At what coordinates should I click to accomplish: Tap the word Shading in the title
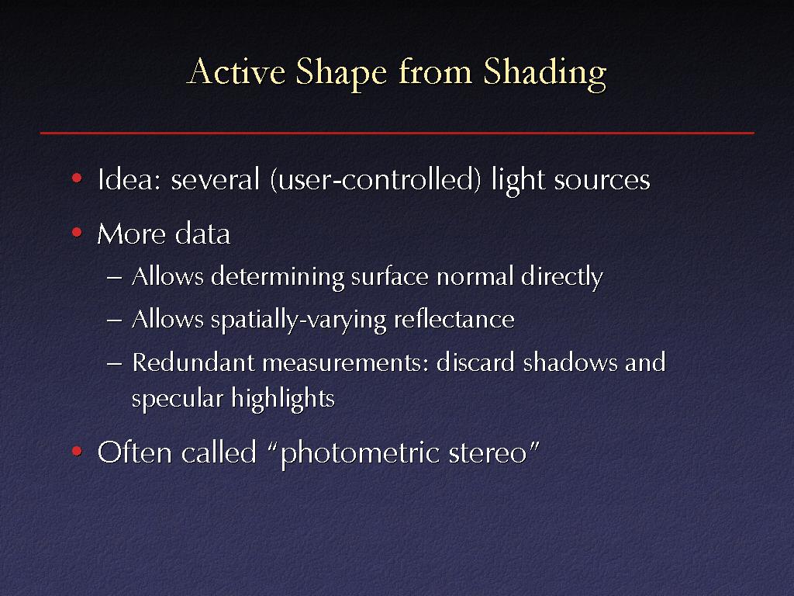[x=545, y=74]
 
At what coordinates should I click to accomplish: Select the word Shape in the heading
[x=341, y=74]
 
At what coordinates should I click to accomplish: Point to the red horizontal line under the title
[x=397, y=133]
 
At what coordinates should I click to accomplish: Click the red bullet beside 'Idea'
[x=77, y=178]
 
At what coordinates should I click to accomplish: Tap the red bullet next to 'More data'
[x=77, y=233]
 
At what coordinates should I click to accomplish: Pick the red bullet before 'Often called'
[x=77, y=451]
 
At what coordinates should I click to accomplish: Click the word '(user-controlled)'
[x=376, y=180]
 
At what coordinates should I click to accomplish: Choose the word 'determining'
[x=278, y=278]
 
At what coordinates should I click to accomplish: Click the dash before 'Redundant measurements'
[x=115, y=364]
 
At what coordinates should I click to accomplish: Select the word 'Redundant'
[x=193, y=362]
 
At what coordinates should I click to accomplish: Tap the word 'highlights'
[x=283, y=399]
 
